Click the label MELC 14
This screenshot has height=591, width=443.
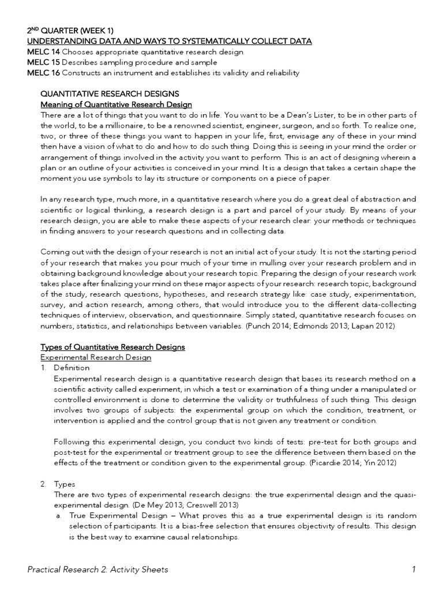pos(44,52)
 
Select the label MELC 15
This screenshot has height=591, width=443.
pos(44,62)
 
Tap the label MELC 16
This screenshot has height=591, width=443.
pos(44,73)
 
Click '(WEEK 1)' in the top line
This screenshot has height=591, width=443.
pos(103,31)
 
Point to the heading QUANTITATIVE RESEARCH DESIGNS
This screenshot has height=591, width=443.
pos(110,93)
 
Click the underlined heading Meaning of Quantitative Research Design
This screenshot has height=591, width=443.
pos(115,104)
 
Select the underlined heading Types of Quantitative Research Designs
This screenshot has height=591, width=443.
pos(112,347)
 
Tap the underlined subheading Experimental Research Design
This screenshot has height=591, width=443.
pos(95,357)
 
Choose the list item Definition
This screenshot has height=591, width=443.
pos(72,368)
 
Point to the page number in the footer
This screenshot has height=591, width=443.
pos(414,570)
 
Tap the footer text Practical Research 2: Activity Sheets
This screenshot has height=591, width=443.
pos(98,570)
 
